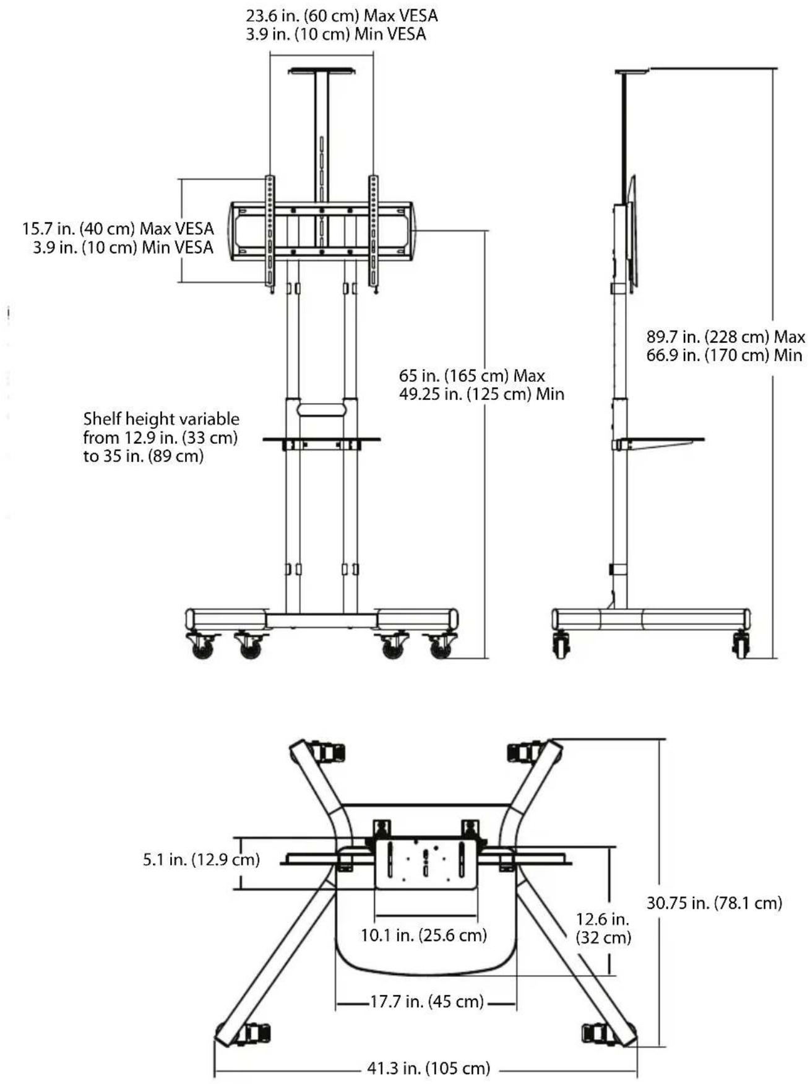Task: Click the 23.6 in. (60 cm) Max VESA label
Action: pos(342,15)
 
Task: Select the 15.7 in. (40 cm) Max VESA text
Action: pos(118,228)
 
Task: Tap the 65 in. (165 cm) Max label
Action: pos(472,376)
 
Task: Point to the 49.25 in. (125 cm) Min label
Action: pos(481,394)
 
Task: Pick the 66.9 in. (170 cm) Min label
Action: pos(725,355)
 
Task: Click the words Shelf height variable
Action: pos(162,419)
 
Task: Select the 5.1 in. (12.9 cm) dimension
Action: pos(201,859)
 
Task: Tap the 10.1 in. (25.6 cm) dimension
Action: pos(424,935)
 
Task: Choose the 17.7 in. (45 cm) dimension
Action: pos(427,1001)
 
